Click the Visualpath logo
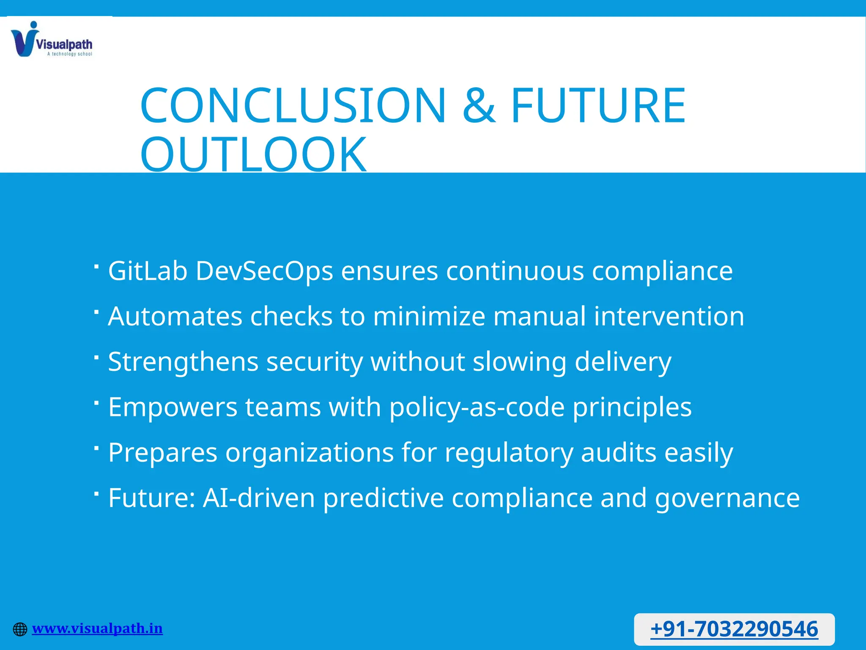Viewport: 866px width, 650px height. point(51,39)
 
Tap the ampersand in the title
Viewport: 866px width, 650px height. point(479,105)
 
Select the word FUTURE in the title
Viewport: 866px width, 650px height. point(598,105)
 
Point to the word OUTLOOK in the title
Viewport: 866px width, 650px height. point(253,154)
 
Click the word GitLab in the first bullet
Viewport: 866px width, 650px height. point(148,271)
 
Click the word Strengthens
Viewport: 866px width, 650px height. point(183,362)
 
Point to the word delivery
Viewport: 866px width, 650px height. point(622,362)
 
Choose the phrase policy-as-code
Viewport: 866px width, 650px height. point(477,407)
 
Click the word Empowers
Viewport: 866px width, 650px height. point(173,407)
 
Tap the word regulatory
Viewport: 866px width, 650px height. point(509,452)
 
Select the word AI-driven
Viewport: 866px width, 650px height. point(259,498)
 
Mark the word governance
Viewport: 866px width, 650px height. point(727,498)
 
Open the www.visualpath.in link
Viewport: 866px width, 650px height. point(97,628)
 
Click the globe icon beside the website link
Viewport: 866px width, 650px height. point(20,629)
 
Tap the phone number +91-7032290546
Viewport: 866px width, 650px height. point(734,629)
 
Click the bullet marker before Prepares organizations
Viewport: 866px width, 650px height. point(96,448)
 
